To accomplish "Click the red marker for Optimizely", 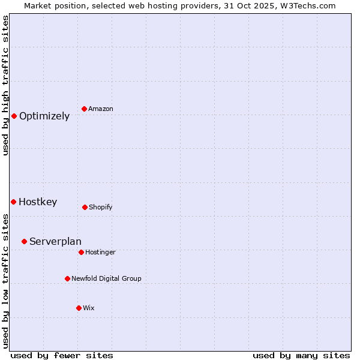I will coord(14,116).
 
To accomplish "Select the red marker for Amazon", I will coord(84,109).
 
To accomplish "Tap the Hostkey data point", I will coord(13,202).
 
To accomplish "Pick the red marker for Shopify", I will coord(85,207).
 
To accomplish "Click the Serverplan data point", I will coord(24,241).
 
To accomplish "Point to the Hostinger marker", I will coord(81,252).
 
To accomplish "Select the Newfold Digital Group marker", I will coord(67,278).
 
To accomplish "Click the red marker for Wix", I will coord(79,308).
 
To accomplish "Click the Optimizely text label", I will coord(44,116).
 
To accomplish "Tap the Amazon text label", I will coord(101,109).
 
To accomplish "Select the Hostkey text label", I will coord(38,202).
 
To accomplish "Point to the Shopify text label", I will coord(101,208).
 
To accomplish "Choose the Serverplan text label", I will coord(55,242).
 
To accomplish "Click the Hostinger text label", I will coord(100,253).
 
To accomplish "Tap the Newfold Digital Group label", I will coord(106,279).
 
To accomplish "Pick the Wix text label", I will coord(89,308).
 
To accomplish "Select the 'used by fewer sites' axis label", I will coord(62,355).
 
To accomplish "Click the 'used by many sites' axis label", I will coord(301,355).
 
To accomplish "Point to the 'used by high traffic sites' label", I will coord(5,85).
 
